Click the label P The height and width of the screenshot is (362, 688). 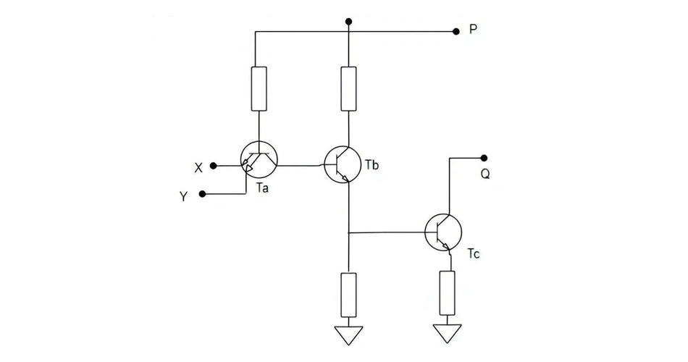[473, 30]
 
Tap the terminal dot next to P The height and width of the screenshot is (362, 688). [456, 32]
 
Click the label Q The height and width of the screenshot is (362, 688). [485, 174]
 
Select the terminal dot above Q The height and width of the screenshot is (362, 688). [484, 158]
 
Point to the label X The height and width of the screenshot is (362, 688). [198, 167]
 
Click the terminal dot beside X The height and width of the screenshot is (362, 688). [213, 166]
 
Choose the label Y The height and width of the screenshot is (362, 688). [184, 196]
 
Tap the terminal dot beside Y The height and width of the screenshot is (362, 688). [202, 194]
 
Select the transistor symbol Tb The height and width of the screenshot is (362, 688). [342, 163]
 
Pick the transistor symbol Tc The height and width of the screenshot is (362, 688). [443, 232]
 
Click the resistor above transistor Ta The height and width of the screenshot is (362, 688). [259, 88]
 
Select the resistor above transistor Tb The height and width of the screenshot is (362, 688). [348, 88]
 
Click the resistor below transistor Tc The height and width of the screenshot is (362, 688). [447, 292]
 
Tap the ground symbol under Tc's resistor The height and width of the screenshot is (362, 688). [447, 333]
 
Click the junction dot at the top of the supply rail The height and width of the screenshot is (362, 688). [348, 22]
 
